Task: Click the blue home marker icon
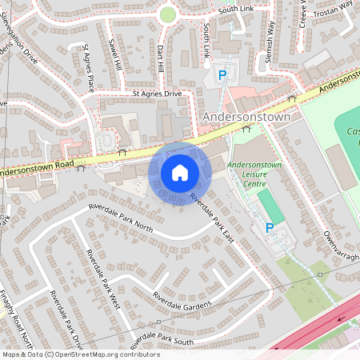(180, 173)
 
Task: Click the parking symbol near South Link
(223, 74)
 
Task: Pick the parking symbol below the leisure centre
(270, 228)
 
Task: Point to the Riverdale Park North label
(122, 218)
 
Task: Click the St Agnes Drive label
(158, 94)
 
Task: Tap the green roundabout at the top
(167, 14)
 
